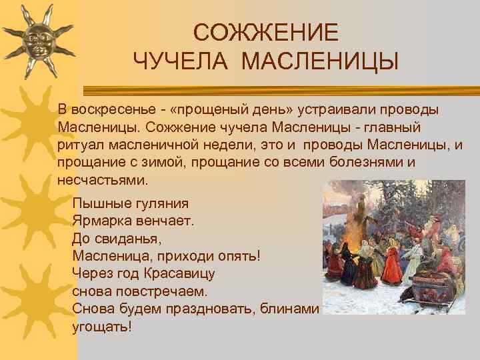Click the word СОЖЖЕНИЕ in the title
(x=265, y=32)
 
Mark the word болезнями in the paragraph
(x=369, y=163)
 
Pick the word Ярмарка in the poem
(x=100, y=221)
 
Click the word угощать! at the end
(x=101, y=327)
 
